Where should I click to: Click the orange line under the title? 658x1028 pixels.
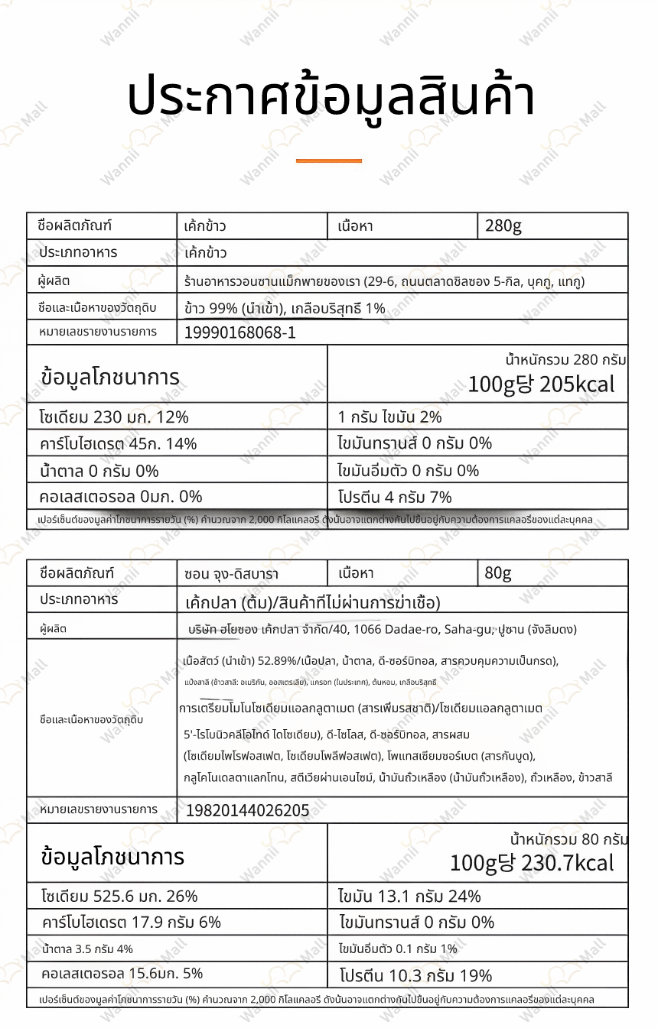[x=328, y=161]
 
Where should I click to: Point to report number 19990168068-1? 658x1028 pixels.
[x=240, y=332]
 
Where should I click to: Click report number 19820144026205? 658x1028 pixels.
[x=248, y=810]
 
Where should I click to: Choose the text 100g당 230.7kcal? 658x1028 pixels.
[x=532, y=863]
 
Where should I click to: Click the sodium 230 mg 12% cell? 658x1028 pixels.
[x=114, y=417]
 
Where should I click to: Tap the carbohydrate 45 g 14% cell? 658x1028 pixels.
[x=119, y=443]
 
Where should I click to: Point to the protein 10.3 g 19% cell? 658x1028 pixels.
[x=415, y=975]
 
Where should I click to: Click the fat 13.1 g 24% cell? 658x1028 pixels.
[x=409, y=896]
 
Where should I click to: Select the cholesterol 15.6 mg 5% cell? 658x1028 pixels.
[x=122, y=974]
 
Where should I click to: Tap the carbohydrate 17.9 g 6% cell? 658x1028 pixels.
[x=131, y=922]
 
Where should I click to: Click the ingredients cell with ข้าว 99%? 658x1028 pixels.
[x=285, y=309]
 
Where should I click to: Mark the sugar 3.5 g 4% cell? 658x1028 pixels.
[x=88, y=949]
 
